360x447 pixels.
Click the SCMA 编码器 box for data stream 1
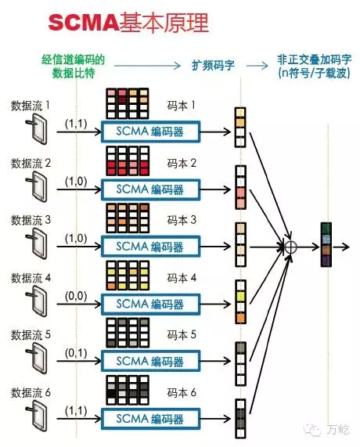[151, 132]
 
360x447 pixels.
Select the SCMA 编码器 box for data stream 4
[151, 305]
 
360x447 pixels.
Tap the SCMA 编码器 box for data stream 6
[151, 419]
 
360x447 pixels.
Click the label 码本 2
[182, 163]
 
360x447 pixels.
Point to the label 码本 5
[182, 334]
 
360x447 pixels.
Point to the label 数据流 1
[31, 106]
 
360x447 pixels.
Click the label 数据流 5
[31, 335]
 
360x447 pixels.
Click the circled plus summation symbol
[290, 247]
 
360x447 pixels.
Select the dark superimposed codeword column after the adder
[326, 244]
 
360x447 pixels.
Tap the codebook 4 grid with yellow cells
[128, 276]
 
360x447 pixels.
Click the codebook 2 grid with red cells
[128, 160]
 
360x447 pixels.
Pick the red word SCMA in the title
[83, 23]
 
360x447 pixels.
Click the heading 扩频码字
[213, 66]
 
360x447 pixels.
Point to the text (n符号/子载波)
[314, 74]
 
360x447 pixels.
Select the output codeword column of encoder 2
[240, 188]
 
